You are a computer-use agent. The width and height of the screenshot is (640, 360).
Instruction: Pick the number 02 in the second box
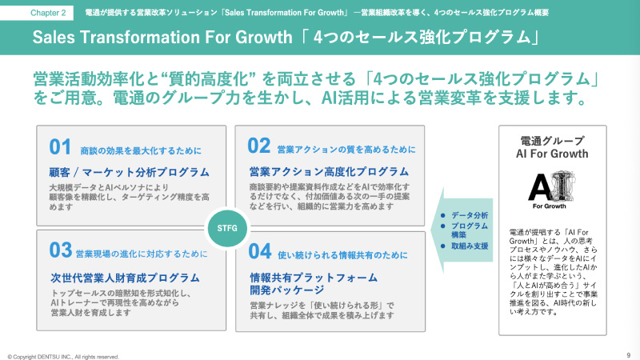[x=258, y=146]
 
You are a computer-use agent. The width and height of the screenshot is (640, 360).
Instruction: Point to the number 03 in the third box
[x=60, y=250]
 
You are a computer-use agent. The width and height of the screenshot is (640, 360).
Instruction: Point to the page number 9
[x=628, y=354]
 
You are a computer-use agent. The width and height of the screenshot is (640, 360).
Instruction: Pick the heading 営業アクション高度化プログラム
[x=329, y=171]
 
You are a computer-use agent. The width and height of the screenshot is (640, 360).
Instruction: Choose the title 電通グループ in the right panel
[x=552, y=140]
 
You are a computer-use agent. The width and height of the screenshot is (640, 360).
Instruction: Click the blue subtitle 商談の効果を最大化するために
[x=141, y=150]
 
